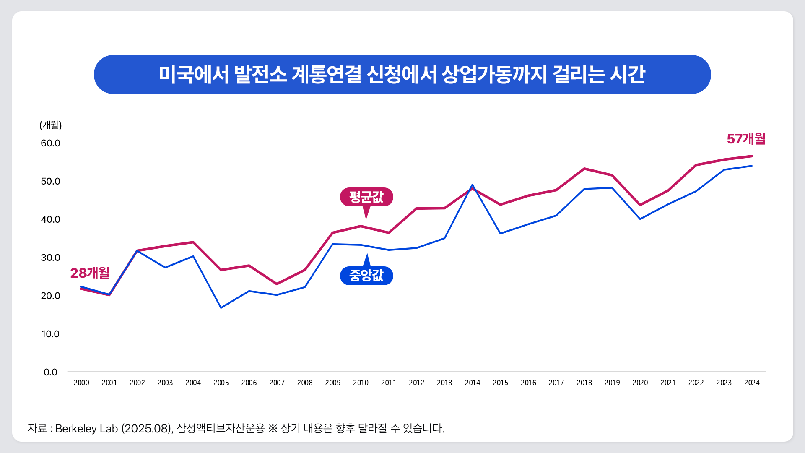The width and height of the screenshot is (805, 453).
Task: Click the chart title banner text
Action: (x=402, y=75)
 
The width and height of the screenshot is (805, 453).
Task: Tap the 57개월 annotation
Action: (x=746, y=139)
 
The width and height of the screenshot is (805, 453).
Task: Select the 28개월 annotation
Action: (x=90, y=273)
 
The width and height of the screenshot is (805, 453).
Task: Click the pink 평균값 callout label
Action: (x=366, y=197)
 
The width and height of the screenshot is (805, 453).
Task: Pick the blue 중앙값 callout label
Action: (x=366, y=276)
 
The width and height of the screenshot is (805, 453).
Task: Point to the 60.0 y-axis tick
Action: (x=50, y=143)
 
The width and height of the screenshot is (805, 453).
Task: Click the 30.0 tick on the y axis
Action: (x=50, y=258)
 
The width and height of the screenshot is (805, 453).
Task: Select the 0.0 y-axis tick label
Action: (x=50, y=372)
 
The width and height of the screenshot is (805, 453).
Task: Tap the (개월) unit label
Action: (x=50, y=125)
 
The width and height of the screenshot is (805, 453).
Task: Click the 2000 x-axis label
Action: (x=81, y=383)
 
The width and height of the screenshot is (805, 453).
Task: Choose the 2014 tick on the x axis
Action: (x=473, y=383)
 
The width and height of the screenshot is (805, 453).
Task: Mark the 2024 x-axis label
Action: (x=752, y=383)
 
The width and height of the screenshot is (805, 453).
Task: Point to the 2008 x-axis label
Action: (x=305, y=383)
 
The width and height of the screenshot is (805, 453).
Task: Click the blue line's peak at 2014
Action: (x=473, y=185)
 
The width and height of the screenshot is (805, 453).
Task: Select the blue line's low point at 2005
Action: (x=221, y=308)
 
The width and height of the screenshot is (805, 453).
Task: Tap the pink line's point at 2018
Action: (x=584, y=169)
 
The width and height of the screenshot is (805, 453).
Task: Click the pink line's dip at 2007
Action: (x=277, y=284)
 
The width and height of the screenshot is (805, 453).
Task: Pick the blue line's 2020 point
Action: (x=640, y=219)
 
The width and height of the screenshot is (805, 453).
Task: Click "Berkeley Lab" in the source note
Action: (x=86, y=429)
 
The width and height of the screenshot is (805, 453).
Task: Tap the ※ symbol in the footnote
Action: (x=273, y=429)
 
